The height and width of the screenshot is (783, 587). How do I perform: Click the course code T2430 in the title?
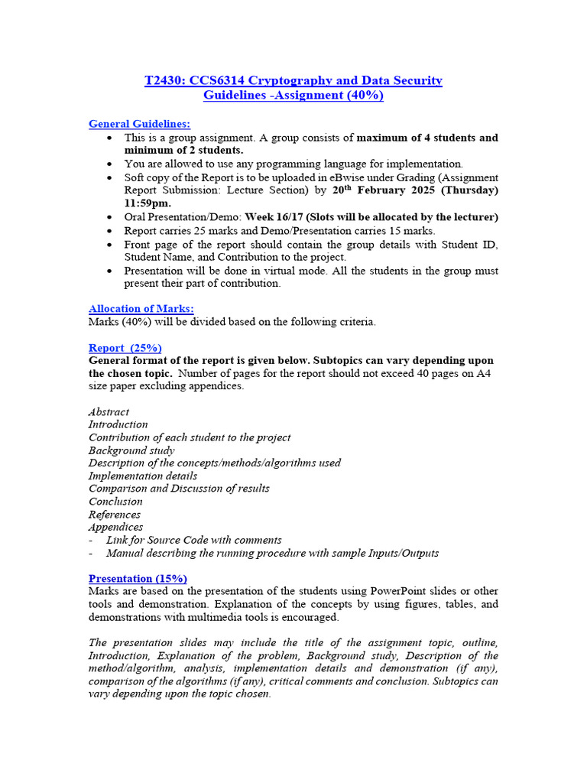(164, 80)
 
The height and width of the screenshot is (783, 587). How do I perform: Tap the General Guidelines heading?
(140, 124)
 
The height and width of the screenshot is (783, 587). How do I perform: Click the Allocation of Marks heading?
(141, 308)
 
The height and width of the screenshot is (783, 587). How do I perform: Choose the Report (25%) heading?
(125, 347)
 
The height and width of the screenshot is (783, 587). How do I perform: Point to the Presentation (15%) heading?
(138, 578)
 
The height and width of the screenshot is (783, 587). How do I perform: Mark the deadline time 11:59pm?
(148, 203)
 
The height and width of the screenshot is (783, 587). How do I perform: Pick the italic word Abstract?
(109, 411)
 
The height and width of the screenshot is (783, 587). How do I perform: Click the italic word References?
(115, 514)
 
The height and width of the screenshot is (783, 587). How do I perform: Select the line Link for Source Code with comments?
(193, 540)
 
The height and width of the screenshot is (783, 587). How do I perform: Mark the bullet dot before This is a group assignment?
(111, 138)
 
